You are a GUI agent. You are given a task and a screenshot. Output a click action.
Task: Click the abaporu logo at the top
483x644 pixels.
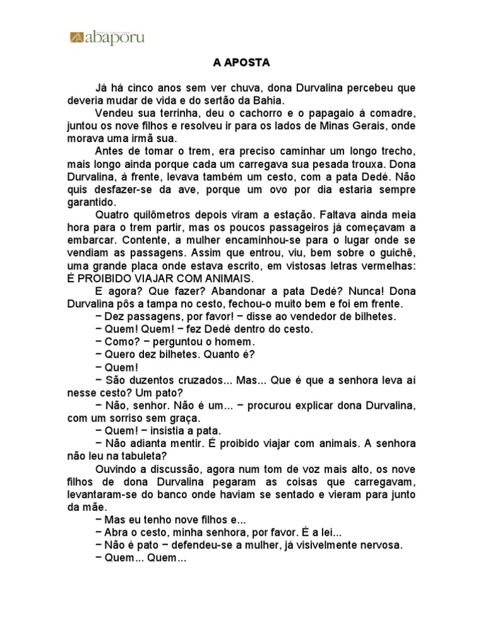click(107, 38)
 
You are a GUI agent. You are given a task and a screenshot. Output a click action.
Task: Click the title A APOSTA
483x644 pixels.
click(241, 64)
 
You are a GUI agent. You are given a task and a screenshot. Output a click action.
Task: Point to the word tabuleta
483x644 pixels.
click(141, 457)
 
